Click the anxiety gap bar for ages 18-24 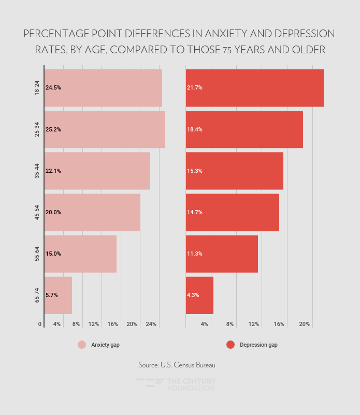(x=104, y=88)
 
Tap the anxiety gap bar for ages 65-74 (x=58, y=295)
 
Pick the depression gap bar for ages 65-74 (x=199, y=295)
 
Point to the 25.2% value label (x=53, y=129)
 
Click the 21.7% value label (x=195, y=88)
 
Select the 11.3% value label (x=195, y=254)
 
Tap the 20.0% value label (x=53, y=212)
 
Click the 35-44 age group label (x=37, y=171)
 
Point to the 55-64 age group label (x=37, y=254)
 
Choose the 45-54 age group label (x=37, y=212)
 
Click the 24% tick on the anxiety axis (x=151, y=324)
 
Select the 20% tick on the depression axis (x=305, y=324)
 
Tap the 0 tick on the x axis (x=40, y=324)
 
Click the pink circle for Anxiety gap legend (x=82, y=345)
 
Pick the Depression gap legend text (x=258, y=345)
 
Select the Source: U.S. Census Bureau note (x=177, y=365)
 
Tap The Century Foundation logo (x=176, y=384)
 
